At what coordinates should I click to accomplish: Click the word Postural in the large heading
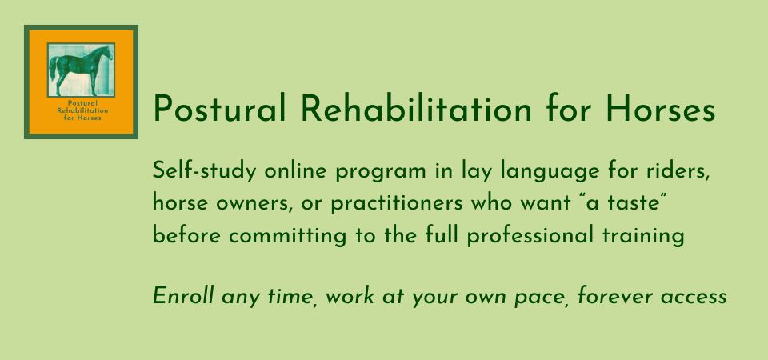click(219, 109)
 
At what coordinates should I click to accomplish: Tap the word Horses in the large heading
click(660, 109)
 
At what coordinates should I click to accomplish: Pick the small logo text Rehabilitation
click(82, 110)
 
